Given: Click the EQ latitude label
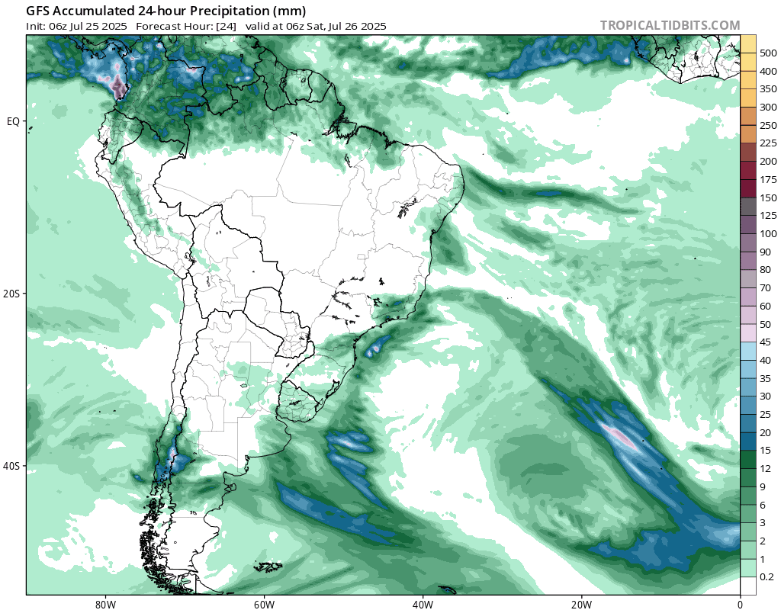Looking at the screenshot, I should click(x=13, y=121).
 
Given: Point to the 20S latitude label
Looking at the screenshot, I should click(x=13, y=294).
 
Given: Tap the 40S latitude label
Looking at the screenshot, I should click(x=13, y=466).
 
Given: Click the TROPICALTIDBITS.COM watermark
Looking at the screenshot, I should click(x=670, y=25).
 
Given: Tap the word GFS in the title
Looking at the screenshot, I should click(x=39, y=11).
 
